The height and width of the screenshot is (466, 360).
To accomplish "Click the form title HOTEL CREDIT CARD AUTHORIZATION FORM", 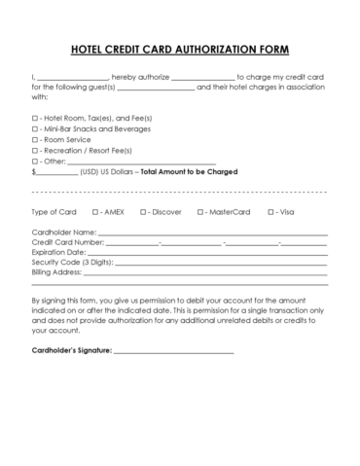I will click(180, 50).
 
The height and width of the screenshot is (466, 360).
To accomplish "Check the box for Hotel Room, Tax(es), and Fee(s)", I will click(35, 118).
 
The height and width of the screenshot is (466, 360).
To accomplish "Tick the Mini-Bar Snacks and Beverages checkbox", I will click(35, 128).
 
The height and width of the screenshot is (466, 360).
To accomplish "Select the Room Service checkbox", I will click(35, 139).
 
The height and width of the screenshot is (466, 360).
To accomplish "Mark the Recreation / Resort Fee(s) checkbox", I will click(35, 150).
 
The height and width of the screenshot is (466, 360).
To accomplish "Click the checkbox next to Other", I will click(35, 161).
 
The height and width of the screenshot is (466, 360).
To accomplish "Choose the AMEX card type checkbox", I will click(95, 211).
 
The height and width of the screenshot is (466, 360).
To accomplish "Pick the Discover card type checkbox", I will click(143, 211).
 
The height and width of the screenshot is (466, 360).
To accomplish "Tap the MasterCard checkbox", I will click(198, 211).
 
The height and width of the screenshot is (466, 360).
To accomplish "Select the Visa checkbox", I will click(267, 211).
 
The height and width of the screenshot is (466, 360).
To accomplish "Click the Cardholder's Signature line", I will click(174, 349).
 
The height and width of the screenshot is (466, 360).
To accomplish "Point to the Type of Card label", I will click(53, 211).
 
